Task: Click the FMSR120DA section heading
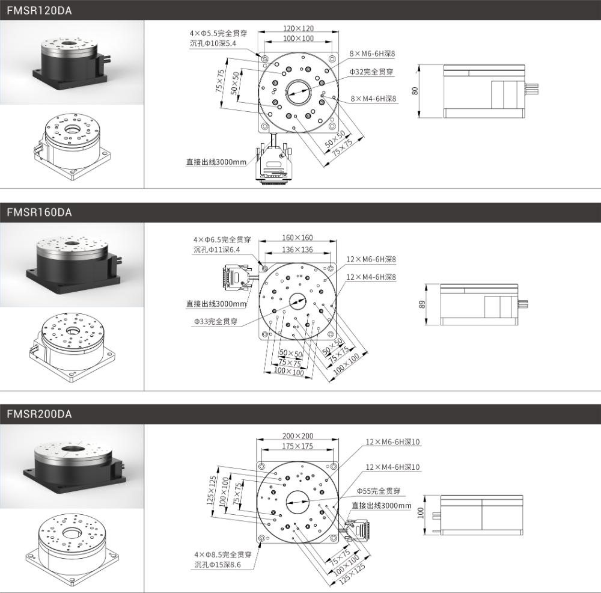pyautogui.click(x=39, y=10)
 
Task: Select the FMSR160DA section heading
pyautogui.click(x=39, y=212)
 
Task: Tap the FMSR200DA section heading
pyautogui.click(x=39, y=414)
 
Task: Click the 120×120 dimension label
pyautogui.click(x=298, y=28)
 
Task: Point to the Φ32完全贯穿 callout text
pyautogui.click(x=371, y=72)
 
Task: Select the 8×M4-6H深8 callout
pyautogui.click(x=373, y=99)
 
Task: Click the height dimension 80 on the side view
pyautogui.click(x=415, y=91)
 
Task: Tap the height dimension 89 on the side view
pyautogui.click(x=422, y=304)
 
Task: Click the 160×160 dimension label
pyautogui.click(x=297, y=238)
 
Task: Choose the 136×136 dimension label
pyautogui.click(x=297, y=250)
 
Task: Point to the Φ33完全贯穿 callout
pyautogui.click(x=216, y=321)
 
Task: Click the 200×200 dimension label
pyautogui.click(x=298, y=436)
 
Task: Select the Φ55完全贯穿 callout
pyautogui.click(x=379, y=491)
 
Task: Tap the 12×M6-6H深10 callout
pyautogui.click(x=392, y=442)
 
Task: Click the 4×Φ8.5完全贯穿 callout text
pyautogui.click(x=223, y=555)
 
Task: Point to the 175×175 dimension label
pyautogui.click(x=298, y=446)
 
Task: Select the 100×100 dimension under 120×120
pyautogui.click(x=298, y=38)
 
